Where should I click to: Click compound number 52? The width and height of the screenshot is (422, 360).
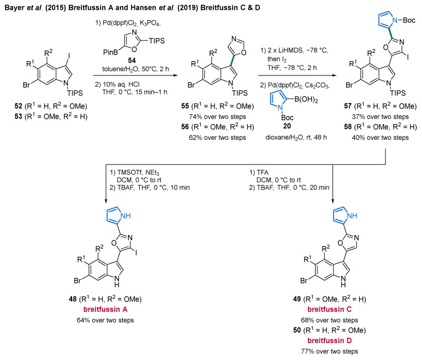coord(19,106)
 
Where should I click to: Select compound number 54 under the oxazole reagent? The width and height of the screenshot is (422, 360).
coord(132,60)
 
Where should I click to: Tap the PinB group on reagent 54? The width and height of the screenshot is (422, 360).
coord(111,52)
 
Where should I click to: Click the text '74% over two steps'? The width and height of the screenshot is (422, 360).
coord(217,116)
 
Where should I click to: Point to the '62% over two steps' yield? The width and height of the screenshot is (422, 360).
coord(217,138)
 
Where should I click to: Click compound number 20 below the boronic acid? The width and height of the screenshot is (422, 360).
coord(287,126)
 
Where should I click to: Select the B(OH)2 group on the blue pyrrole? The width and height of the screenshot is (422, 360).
coord(306,99)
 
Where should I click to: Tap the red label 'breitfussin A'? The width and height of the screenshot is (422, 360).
coord(105,309)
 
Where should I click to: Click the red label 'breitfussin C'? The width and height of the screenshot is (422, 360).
coord(329,309)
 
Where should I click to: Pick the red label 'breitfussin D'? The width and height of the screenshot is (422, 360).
coord(329,341)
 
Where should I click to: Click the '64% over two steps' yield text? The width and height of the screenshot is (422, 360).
coord(105,320)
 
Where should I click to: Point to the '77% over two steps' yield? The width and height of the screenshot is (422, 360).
coord(329,351)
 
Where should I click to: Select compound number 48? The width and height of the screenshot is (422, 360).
coord(73,299)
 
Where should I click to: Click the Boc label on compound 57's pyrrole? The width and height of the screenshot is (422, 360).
coord(409,20)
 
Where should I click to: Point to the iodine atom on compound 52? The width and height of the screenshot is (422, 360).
coord(69,56)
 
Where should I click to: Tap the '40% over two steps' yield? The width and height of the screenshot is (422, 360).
coord(381,138)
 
